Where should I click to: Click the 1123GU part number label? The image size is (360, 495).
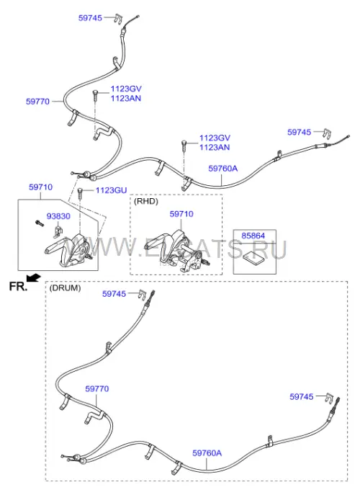[111, 190]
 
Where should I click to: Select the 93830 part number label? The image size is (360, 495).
[58, 217]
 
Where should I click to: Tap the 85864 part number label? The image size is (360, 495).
[253, 236]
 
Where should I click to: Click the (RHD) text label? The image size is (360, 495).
[146, 202]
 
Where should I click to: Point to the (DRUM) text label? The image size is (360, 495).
[65, 288]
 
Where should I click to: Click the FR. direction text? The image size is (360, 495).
[18, 286]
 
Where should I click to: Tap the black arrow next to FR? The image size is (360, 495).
[33, 278]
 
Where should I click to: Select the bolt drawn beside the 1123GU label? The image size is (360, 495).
[79, 193]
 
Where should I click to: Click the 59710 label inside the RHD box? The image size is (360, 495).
[181, 214]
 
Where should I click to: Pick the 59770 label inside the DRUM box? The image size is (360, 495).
[97, 389]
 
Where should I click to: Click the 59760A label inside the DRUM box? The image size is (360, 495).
[207, 453]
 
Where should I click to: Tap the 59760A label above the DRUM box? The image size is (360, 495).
[222, 169]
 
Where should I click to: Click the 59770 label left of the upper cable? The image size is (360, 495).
[37, 102]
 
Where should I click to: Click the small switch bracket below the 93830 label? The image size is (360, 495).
[57, 232]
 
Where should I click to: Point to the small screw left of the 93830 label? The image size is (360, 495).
[40, 223]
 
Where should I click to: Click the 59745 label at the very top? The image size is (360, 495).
[90, 18]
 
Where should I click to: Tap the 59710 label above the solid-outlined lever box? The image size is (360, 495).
[41, 187]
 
